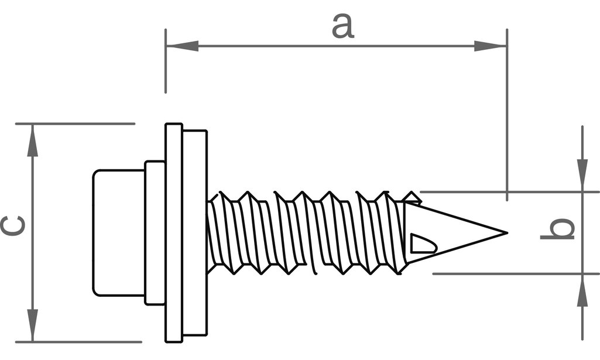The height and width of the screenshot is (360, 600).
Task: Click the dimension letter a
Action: pos(343,26)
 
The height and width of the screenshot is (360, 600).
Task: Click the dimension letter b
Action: pos(557,229)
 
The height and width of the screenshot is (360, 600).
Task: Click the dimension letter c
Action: pos(13,226)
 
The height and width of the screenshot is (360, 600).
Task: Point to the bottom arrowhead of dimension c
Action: pos(33,325)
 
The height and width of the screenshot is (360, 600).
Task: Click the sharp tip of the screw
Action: pos(505,233)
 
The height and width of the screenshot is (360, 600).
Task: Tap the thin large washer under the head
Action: pos(174,232)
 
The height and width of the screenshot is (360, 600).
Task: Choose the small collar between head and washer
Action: pos(155,232)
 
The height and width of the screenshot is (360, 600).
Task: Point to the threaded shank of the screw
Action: pos(304,232)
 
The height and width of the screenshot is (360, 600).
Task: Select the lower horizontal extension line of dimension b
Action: pos(515,273)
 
